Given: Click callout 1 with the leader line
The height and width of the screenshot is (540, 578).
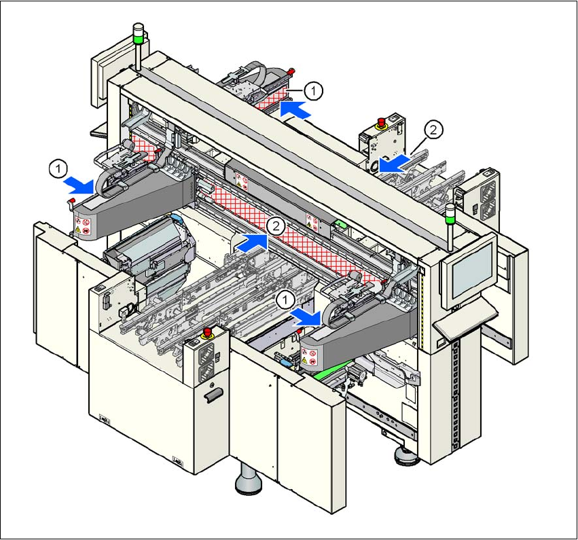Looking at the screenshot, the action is pos(312,89).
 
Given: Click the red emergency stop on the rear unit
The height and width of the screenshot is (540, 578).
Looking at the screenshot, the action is pos(382,122).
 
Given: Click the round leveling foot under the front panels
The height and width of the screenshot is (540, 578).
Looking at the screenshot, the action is pos(249,483).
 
